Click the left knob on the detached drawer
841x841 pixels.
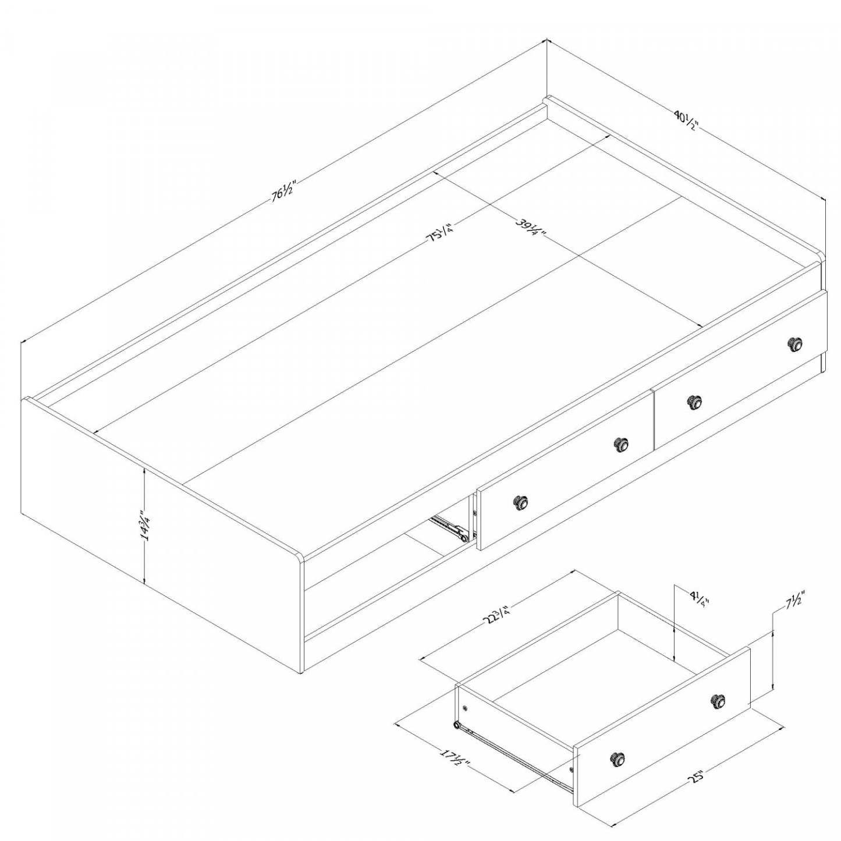pyautogui.click(x=618, y=759)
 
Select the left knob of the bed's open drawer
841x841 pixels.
pyautogui.click(x=521, y=502)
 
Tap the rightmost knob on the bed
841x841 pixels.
pyautogui.click(x=794, y=345)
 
